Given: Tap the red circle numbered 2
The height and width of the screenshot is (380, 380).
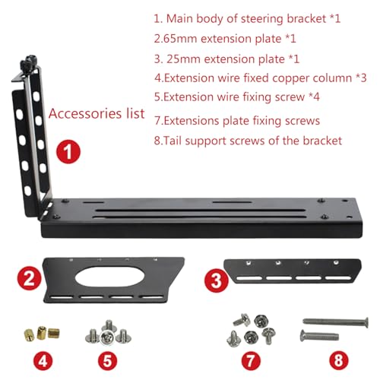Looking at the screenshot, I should click(x=30, y=278).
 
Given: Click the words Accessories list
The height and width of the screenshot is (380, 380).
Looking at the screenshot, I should click(x=96, y=114).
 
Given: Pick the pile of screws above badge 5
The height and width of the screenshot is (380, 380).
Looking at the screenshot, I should click(x=106, y=331).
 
